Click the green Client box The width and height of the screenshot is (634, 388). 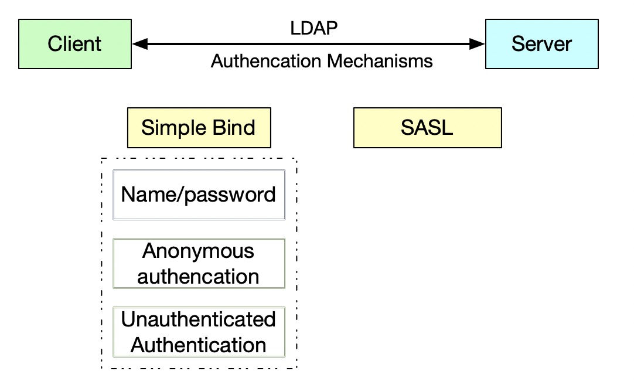[75, 44]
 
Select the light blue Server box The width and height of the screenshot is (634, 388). [541, 44]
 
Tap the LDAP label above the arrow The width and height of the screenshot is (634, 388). [314, 28]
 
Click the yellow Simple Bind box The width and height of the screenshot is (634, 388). [199, 128]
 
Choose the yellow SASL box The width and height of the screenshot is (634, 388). [427, 128]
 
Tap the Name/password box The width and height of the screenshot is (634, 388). [199, 195]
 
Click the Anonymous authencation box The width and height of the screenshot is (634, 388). [199, 263]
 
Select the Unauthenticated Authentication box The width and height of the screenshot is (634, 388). [199, 332]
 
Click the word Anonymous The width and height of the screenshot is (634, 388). [199, 251]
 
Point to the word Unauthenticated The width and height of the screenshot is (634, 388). [199, 319]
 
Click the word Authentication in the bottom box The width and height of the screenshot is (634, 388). [199, 345]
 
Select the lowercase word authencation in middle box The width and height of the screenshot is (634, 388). [199, 276]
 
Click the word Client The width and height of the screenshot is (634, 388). [75, 44]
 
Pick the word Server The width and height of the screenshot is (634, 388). [541, 44]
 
